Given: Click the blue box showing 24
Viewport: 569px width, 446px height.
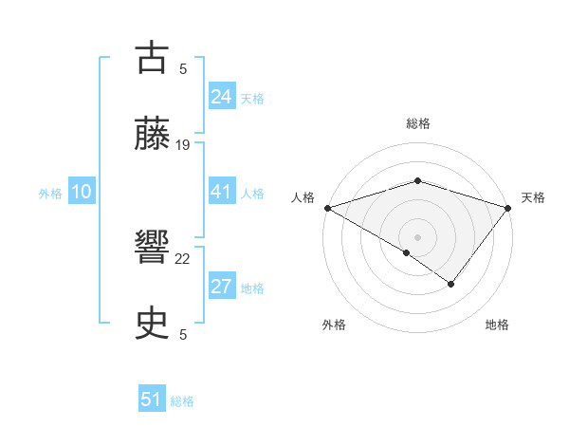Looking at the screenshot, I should point(221,97).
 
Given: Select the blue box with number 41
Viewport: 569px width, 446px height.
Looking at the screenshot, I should point(221,192).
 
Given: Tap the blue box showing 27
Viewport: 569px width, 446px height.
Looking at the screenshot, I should point(221,288).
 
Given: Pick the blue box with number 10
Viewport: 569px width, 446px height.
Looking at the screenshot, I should point(82,192).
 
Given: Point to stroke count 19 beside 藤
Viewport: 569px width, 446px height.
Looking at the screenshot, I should point(183,144).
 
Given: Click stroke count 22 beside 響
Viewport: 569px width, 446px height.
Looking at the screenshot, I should point(183,258).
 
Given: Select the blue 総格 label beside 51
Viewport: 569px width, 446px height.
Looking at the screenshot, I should point(182,400).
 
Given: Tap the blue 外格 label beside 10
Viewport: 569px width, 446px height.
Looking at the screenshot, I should point(50,193).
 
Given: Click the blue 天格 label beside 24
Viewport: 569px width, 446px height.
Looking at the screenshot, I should point(251,98).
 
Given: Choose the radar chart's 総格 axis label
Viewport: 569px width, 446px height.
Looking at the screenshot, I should point(417,123).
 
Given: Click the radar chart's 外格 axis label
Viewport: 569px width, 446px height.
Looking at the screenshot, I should point(334,325).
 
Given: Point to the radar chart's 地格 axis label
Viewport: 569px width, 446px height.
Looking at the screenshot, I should point(497,325).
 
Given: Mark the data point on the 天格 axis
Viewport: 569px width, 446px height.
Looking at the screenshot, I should point(508,207).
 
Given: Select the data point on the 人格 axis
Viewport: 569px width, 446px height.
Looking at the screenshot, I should point(327,207).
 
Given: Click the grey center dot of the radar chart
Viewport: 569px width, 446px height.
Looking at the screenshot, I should point(417,236).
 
